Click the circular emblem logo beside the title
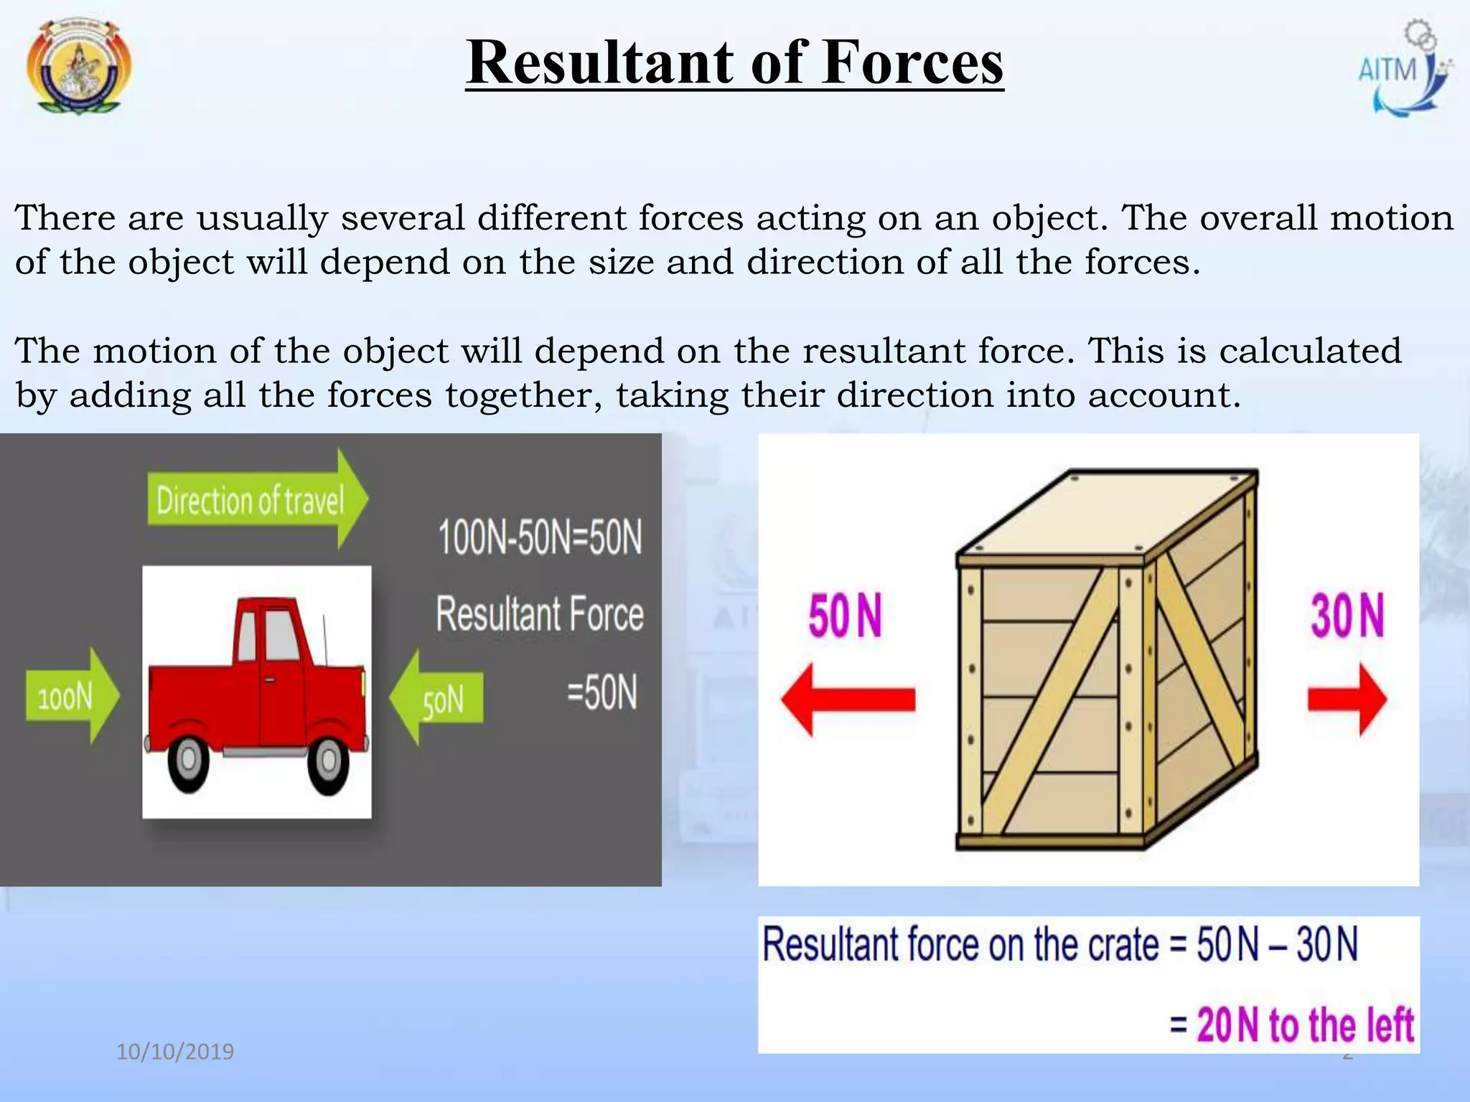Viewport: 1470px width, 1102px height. [78, 67]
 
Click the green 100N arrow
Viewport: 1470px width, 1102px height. [72, 696]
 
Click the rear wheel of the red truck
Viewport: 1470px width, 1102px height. [189, 760]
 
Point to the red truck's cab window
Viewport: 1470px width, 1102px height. [282, 634]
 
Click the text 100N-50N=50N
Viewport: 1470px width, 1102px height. [540, 537]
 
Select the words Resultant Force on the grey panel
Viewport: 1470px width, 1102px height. [540, 615]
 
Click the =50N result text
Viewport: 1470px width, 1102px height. [601, 692]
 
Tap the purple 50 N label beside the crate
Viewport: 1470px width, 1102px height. [844, 616]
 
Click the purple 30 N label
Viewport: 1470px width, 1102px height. [1347, 616]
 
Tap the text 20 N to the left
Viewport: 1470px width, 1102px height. [1303, 1025]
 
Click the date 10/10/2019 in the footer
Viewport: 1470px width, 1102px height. [175, 1052]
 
